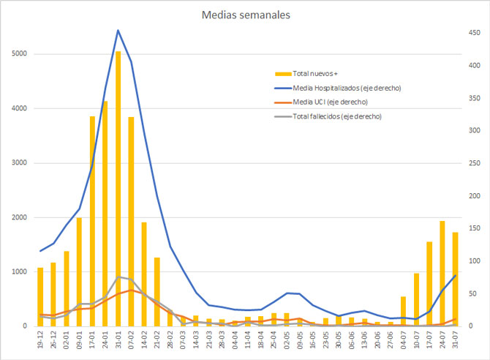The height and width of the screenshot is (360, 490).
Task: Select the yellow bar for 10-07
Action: [416, 299]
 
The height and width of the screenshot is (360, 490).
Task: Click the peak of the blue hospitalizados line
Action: [118, 31]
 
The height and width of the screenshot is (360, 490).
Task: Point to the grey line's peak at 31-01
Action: [118, 277]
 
